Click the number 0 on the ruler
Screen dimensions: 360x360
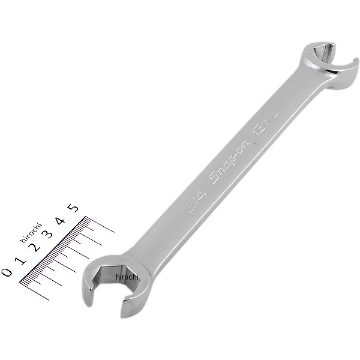tap(7, 272)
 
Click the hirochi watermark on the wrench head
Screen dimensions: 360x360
tap(128, 278)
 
